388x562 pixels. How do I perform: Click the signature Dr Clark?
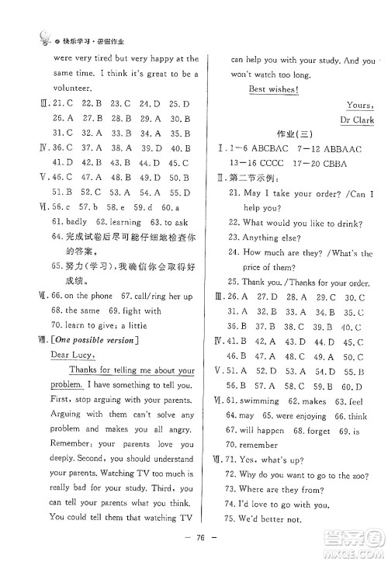(x=357, y=120)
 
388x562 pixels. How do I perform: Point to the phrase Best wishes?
(x=274, y=89)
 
